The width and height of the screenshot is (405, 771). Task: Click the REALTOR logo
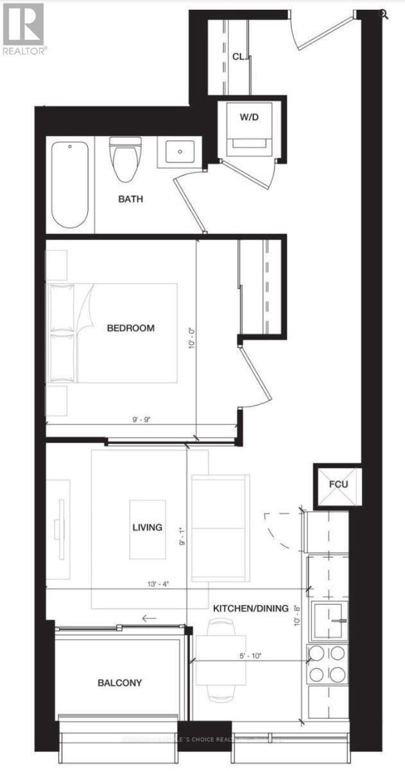[x=24, y=29]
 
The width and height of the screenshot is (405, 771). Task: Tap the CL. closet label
[x=239, y=57]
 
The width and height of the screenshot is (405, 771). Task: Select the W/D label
[x=250, y=118]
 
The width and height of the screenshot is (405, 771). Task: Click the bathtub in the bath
[x=70, y=184]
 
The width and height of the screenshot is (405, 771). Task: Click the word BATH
[x=130, y=199]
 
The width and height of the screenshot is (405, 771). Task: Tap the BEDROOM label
[x=130, y=328]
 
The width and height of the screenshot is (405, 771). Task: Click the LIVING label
[x=147, y=527]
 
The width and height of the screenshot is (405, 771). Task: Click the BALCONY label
[x=120, y=683]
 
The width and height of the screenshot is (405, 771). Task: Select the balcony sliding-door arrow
[x=149, y=619]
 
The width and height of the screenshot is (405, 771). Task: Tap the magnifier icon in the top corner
[x=384, y=13]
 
